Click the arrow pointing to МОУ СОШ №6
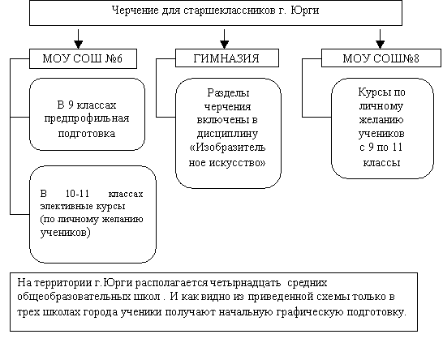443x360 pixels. coord(78,39)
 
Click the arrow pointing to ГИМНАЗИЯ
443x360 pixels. coord(224,39)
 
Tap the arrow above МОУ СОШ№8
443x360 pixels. coord(381,39)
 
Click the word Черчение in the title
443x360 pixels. coord(135,11)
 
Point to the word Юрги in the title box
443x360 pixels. coord(305,11)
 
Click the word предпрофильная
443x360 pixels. coord(87,118)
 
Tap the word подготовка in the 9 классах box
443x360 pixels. coord(87,133)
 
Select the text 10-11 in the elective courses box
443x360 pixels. coord(77,194)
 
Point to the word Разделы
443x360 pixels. coord(228,92)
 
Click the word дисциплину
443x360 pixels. coord(227,134)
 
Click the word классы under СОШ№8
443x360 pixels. coord(381,163)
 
